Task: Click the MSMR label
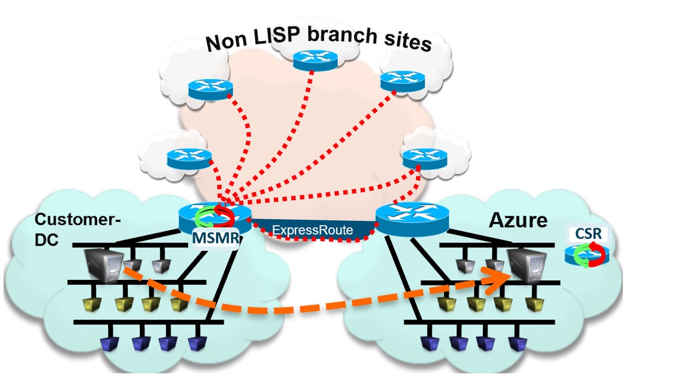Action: [216, 238]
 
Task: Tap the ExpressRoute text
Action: [312, 230]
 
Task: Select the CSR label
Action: [588, 234]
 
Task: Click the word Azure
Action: [518, 220]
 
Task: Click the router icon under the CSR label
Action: [587, 255]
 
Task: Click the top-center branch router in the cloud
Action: [315, 60]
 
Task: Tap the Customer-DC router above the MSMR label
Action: [214, 215]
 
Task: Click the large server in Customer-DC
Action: [104, 265]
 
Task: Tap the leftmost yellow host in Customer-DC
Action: [92, 304]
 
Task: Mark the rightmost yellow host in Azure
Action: [535, 304]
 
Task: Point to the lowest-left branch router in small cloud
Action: [189, 158]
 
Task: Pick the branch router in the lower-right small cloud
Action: [424, 158]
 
